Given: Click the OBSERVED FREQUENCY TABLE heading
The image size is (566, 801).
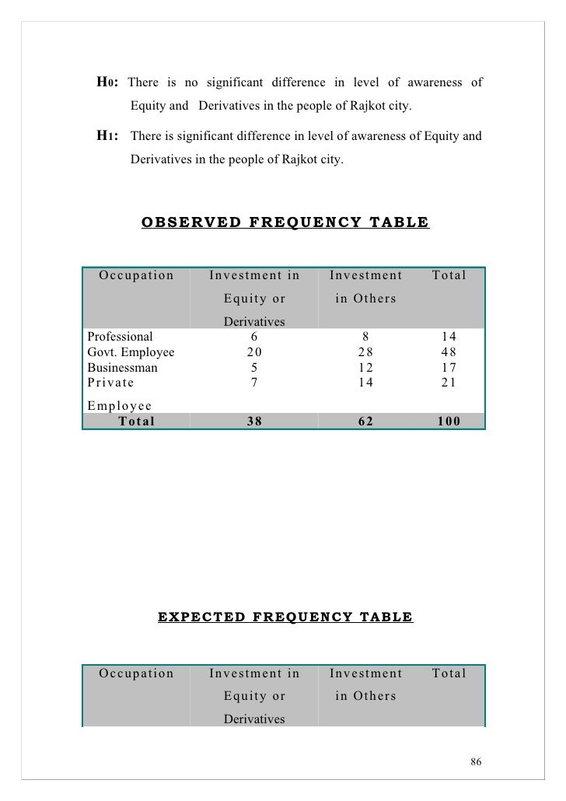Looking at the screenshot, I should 285,222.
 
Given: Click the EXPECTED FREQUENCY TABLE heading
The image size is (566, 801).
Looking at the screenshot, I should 285,617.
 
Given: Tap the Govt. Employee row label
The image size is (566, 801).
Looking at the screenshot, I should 131,352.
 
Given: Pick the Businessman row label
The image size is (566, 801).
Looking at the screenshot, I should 123,367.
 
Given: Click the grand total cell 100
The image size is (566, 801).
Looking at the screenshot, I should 448,421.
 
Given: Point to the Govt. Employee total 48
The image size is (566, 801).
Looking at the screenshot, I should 448,352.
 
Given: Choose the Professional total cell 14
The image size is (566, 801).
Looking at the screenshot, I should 448,338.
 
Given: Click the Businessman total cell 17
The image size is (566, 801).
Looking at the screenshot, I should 448,367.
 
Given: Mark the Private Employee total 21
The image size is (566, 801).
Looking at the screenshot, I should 448,382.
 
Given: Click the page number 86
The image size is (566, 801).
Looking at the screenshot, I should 477,760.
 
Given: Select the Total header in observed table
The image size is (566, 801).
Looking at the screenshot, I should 449,275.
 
